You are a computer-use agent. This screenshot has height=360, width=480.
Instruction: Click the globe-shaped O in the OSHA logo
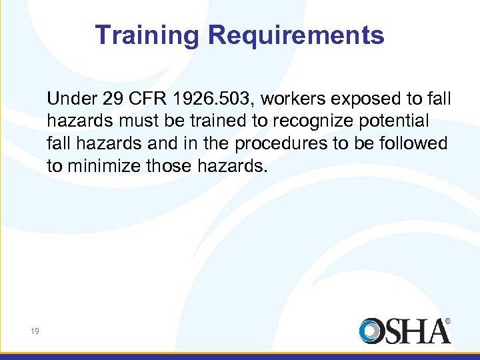coord(371,331)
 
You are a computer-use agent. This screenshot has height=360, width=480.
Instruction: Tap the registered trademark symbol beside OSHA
coord(447,321)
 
